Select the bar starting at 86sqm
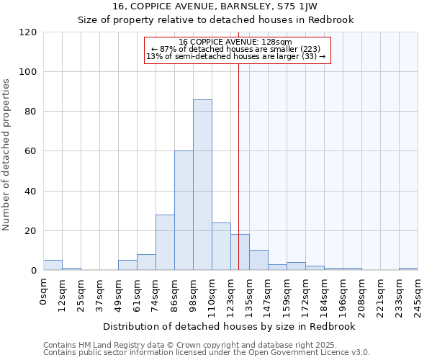click(184, 211)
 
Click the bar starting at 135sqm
click(258, 260)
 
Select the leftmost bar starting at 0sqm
click(53, 265)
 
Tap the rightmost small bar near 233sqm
click(408, 269)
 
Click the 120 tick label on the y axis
click(28, 32)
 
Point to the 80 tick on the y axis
click(31, 112)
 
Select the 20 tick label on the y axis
click(31, 231)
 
